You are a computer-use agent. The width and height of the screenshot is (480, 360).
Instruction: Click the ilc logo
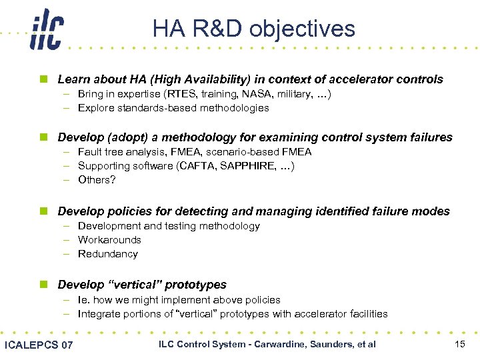(x=46, y=31)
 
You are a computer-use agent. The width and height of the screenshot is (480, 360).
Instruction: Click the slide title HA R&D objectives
(x=253, y=29)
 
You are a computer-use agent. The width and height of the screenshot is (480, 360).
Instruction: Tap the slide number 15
(x=459, y=344)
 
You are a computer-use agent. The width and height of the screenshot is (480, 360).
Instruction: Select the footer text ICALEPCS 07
(x=39, y=345)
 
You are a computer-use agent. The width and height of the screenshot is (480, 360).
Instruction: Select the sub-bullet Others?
(x=97, y=180)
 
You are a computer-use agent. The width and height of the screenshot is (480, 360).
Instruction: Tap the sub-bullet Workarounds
(x=109, y=240)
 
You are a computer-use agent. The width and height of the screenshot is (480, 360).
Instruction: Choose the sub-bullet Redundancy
(x=107, y=254)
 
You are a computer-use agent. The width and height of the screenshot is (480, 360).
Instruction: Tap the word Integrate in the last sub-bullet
(x=97, y=314)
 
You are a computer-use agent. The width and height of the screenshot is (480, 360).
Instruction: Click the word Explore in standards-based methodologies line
(x=95, y=108)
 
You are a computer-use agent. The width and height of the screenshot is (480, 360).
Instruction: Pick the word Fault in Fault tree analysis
(x=89, y=152)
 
